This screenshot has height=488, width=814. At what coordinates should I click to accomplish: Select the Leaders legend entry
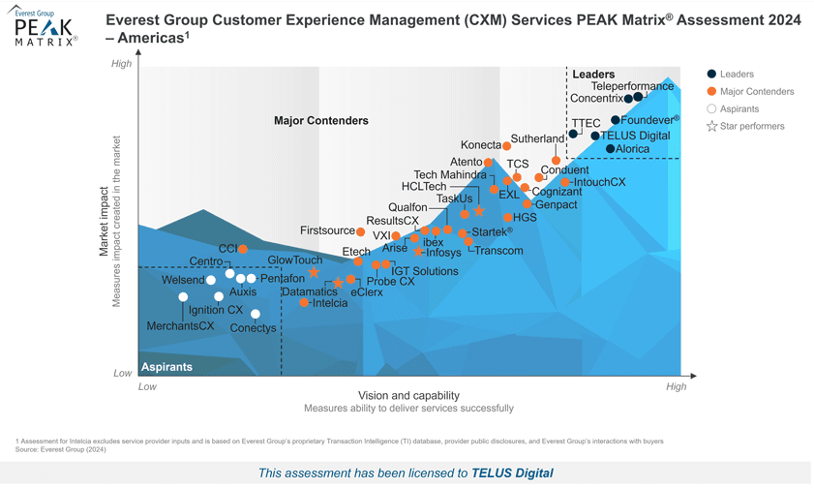coord(737,75)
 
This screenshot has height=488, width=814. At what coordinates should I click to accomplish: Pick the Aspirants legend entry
coord(739,109)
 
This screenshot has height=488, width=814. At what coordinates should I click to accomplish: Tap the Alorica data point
coord(610,149)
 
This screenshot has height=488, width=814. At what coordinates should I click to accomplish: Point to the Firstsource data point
coord(361,232)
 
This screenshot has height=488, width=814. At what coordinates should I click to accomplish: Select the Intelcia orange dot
coord(304,303)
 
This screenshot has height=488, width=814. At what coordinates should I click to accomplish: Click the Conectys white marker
coord(256,314)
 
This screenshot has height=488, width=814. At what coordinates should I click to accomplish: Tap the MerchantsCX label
coord(180,326)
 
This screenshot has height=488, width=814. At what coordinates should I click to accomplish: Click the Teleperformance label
coord(632,86)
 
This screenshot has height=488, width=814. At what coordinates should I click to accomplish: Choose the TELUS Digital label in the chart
coord(636,136)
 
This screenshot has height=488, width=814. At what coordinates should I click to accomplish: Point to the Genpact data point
coord(528,204)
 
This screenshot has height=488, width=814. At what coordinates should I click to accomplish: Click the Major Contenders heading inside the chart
coord(320,121)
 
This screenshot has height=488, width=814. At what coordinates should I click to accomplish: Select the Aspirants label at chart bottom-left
coord(167,367)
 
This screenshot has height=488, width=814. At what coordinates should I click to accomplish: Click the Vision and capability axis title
coord(408,395)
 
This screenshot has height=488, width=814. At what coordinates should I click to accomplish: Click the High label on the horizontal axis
coord(676,386)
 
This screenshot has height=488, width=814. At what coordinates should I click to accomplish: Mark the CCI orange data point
coord(243,249)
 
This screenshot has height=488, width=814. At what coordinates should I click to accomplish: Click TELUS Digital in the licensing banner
coord(512,473)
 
